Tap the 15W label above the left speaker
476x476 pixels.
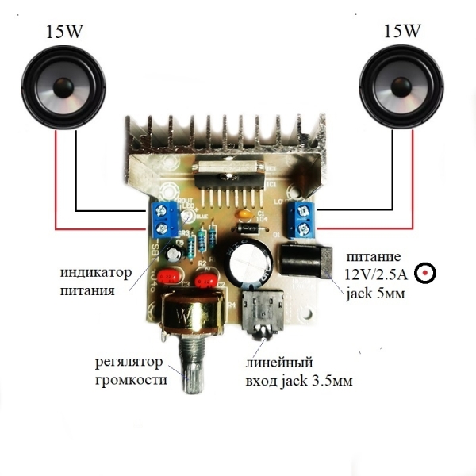[x=56, y=33]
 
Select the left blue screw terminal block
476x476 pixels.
[x=163, y=219]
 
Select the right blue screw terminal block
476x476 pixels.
[x=305, y=219]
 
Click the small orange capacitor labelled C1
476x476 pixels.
[x=247, y=213]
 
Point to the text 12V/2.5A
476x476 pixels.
[x=376, y=274]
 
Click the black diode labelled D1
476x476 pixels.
[x=248, y=228]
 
